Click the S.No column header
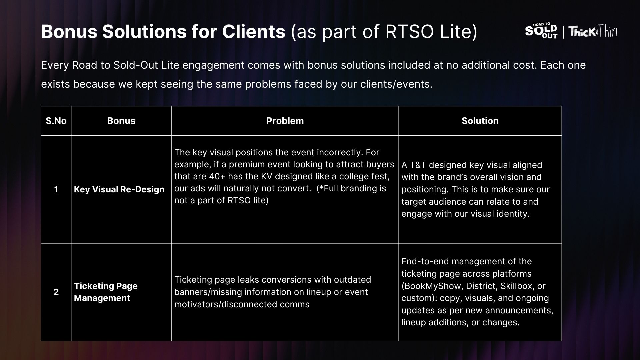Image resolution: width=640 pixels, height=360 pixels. coord(56,121)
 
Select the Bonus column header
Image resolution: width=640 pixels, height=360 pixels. coord(121,121)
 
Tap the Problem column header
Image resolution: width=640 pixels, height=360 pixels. coord(285,121)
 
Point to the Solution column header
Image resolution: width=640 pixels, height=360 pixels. coord(480,121)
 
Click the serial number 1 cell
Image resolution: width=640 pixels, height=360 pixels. coord(56,189)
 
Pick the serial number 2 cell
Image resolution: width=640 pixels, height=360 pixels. coord(56,292)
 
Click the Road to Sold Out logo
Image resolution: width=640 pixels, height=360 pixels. coord(541,31)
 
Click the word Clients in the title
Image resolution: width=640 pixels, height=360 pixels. coord(254,32)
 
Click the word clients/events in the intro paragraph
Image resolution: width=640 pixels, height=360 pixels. coord(396,84)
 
